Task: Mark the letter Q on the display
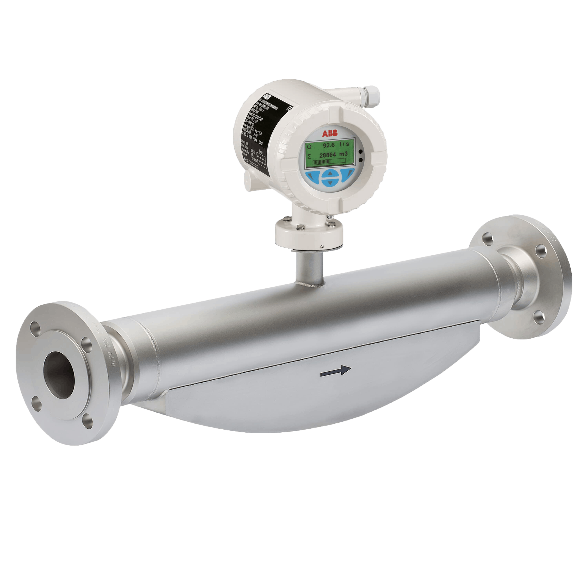pyautogui.click(x=309, y=147)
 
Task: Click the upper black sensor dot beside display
pyautogui.click(x=360, y=151)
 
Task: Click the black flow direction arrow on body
pyautogui.click(x=336, y=370)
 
